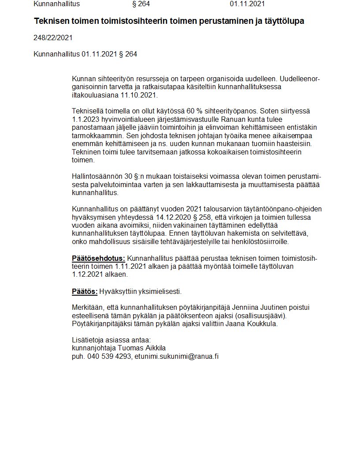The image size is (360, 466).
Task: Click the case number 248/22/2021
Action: [53, 38]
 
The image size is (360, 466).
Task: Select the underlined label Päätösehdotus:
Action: [98, 258]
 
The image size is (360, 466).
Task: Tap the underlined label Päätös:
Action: [84, 291]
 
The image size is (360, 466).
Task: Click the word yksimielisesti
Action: [160, 291]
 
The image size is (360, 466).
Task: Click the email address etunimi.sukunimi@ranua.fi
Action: [176, 356]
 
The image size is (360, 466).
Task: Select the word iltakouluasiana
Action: [95, 95]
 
